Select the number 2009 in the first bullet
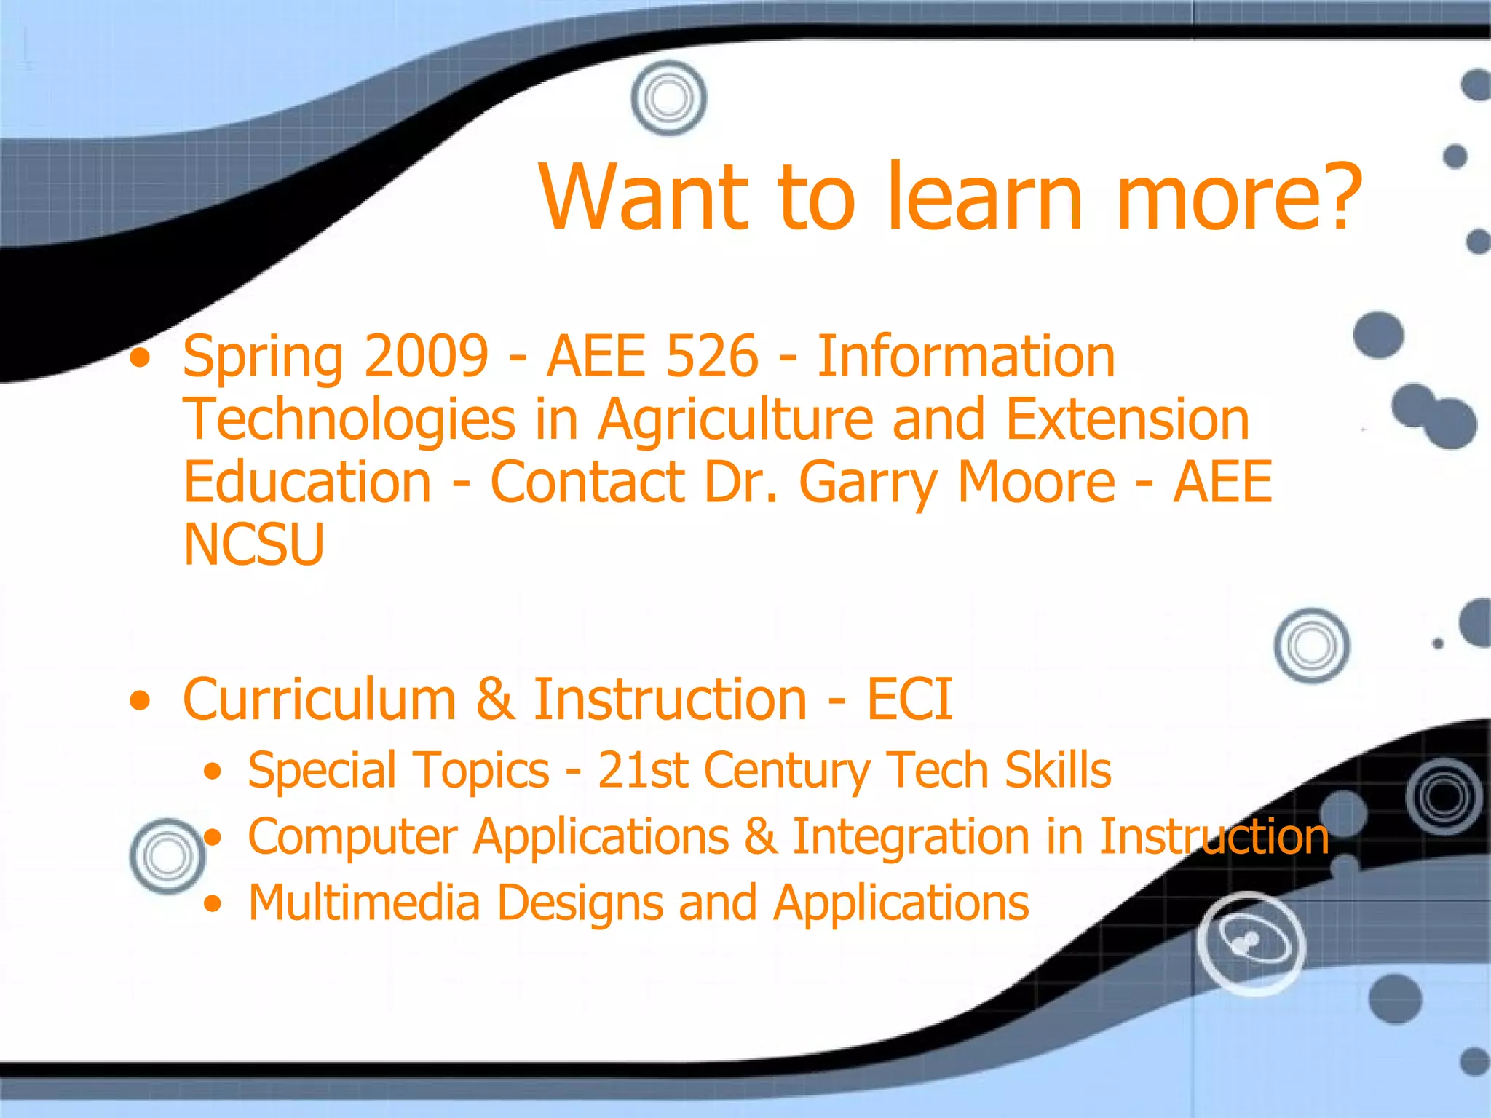click(426, 357)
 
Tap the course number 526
click(712, 357)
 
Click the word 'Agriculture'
click(735, 420)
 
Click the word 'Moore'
click(1036, 482)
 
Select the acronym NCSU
click(253, 544)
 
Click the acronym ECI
click(909, 699)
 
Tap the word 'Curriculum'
click(319, 699)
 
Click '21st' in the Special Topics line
click(642, 770)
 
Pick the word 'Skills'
click(1058, 770)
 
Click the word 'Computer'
click(352, 837)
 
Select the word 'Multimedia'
click(364, 903)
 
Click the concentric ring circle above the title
click(668, 98)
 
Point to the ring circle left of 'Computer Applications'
click(167, 856)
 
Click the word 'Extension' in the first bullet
click(1127, 420)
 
